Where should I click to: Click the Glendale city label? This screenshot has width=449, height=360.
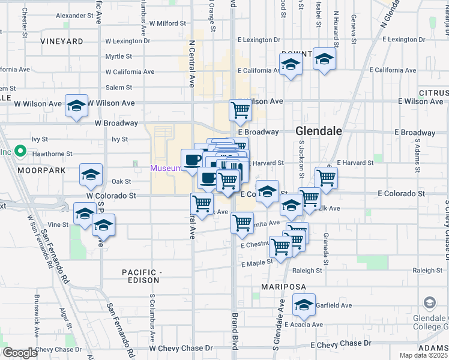(318, 131)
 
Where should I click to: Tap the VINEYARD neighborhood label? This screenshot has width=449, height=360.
(62, 41)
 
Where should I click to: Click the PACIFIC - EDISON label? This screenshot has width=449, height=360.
(141, 276)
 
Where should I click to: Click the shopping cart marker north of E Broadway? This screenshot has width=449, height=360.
(240, 110)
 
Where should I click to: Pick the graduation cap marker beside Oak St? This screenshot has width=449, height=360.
(91, 175)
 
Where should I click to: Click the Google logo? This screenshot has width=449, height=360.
(20, 353)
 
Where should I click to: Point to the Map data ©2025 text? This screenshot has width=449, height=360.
(424, 356)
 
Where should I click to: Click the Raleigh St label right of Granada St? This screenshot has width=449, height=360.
(427, 271)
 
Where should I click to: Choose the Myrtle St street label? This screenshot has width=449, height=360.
(118, 56)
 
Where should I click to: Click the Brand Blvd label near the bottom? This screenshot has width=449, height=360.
(235, 330)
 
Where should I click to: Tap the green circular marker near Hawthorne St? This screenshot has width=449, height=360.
(20, 152)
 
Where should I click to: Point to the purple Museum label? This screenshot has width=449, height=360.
(166, 168)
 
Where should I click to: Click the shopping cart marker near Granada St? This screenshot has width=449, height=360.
(326, 177)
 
